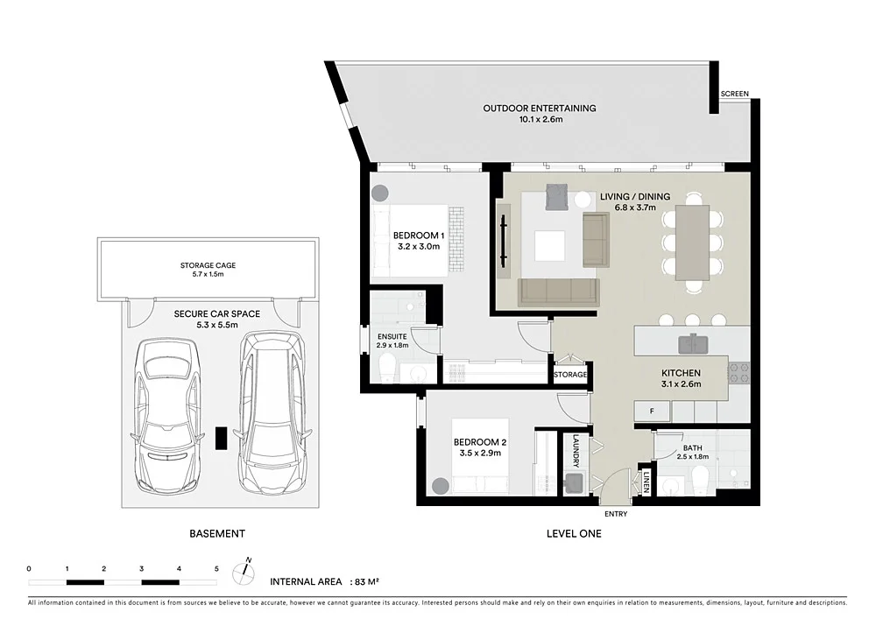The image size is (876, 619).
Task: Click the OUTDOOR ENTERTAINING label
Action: pos(540,109)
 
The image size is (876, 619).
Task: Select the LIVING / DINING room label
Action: pos(634,196)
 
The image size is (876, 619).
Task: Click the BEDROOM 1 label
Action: pos(419,236)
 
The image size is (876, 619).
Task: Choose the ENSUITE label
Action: pos(391,335)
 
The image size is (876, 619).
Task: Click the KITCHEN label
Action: pos(681,372)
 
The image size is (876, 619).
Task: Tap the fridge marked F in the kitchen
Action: pos(652,410)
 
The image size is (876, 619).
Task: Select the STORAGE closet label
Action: pos(570,375)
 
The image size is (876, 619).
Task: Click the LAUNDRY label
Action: pos(576,451)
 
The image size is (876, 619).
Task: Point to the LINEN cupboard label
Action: pos(646,482)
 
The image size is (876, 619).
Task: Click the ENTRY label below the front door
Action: pos(615,514)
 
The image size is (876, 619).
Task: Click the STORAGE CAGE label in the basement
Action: pos(208,265)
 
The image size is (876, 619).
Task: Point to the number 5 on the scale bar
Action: pos(215,569)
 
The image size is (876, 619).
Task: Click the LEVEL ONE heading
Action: pos(574,533)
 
